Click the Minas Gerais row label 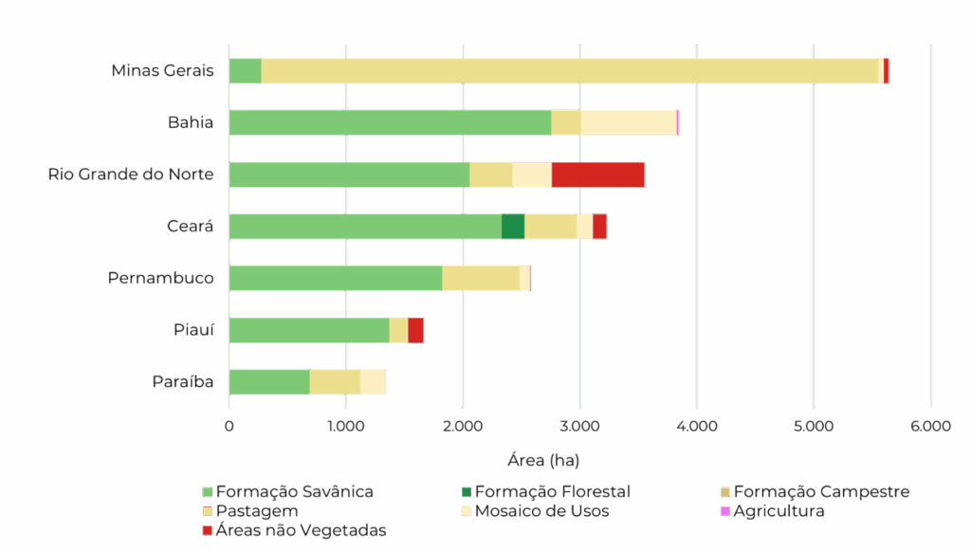tap(162, 71)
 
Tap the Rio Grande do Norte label tap(131, 174)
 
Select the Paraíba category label tap(182, 382)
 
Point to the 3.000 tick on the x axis tap(579, 427)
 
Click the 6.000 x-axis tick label tap(929, 427)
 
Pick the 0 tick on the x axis tap(229, 427)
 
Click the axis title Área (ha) tap(543, 461)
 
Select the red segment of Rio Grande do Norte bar tap(597, 174)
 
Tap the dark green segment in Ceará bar tap(513, 227)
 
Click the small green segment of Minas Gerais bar tap(246, 71)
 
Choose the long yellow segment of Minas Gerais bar tap(569, 71)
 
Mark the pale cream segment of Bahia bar tap(628, 122)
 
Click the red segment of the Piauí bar tap(415, 330)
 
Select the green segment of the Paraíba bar tap(269, 382)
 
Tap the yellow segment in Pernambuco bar tap(480, 278)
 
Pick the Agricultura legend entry tap(779, 511)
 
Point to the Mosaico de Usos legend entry tap(540, 511)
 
